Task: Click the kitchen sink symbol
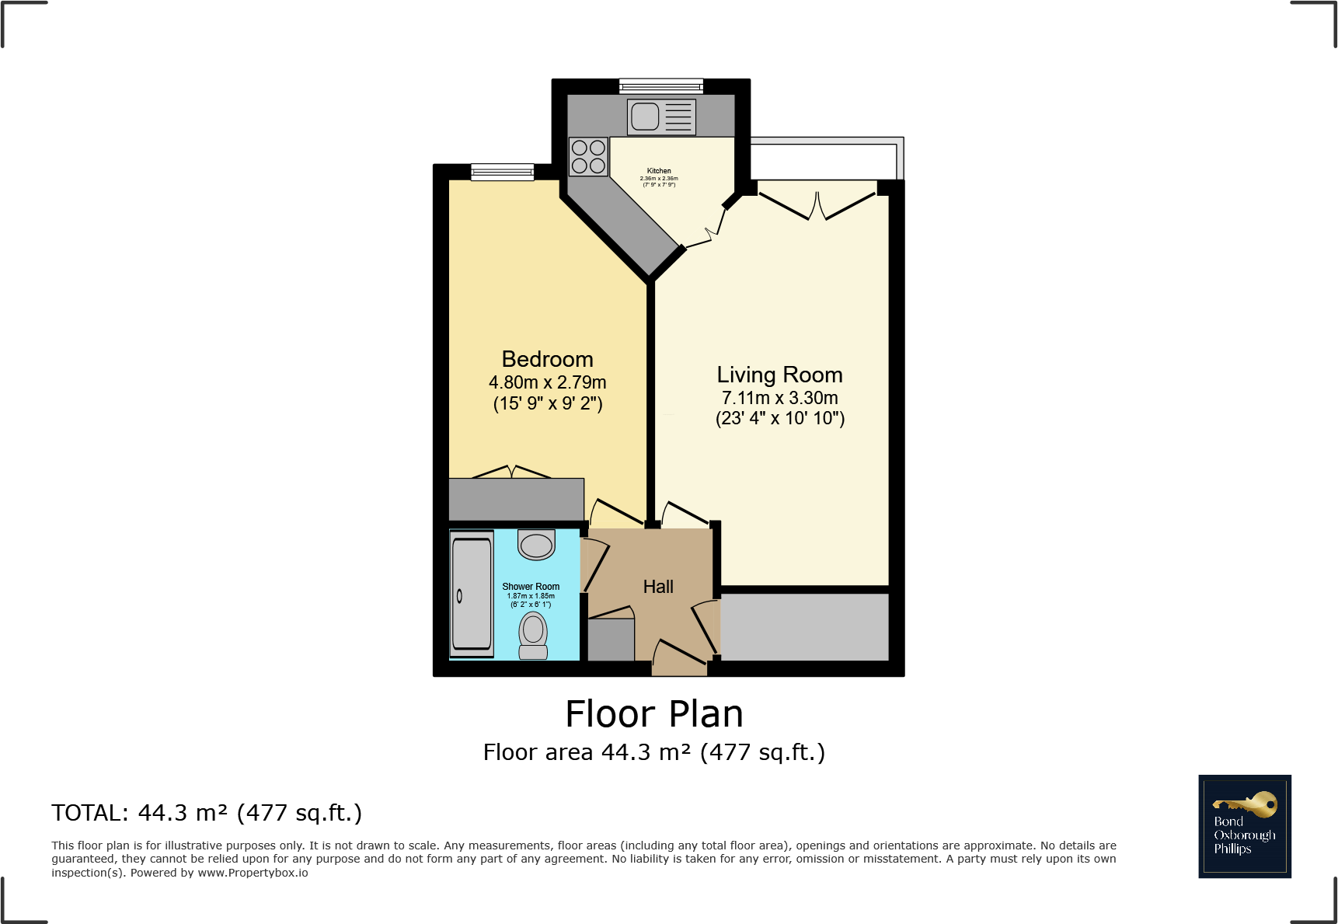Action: (661, 117)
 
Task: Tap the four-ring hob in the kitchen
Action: (588, 156)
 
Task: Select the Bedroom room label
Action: (547, 359)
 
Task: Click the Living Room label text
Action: (779, 375)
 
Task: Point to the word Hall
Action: (658, 587)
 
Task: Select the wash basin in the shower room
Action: (536, 544)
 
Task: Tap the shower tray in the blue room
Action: (472, 594)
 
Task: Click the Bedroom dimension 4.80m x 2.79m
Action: (547, 382)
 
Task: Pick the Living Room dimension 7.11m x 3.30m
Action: (779, 398)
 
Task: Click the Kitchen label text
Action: (659, 171)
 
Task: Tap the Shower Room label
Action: (531, 587)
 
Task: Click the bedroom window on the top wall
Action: (502, 172)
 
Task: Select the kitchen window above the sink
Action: (661, 85)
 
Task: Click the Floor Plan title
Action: (654, 714)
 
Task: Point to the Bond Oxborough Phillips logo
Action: (1244, 826)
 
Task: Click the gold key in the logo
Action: (1247, 804)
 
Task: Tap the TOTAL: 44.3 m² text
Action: (207, 813)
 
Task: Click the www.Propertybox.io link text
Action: (253, 873)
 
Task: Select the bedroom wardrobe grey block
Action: (516, 499)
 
